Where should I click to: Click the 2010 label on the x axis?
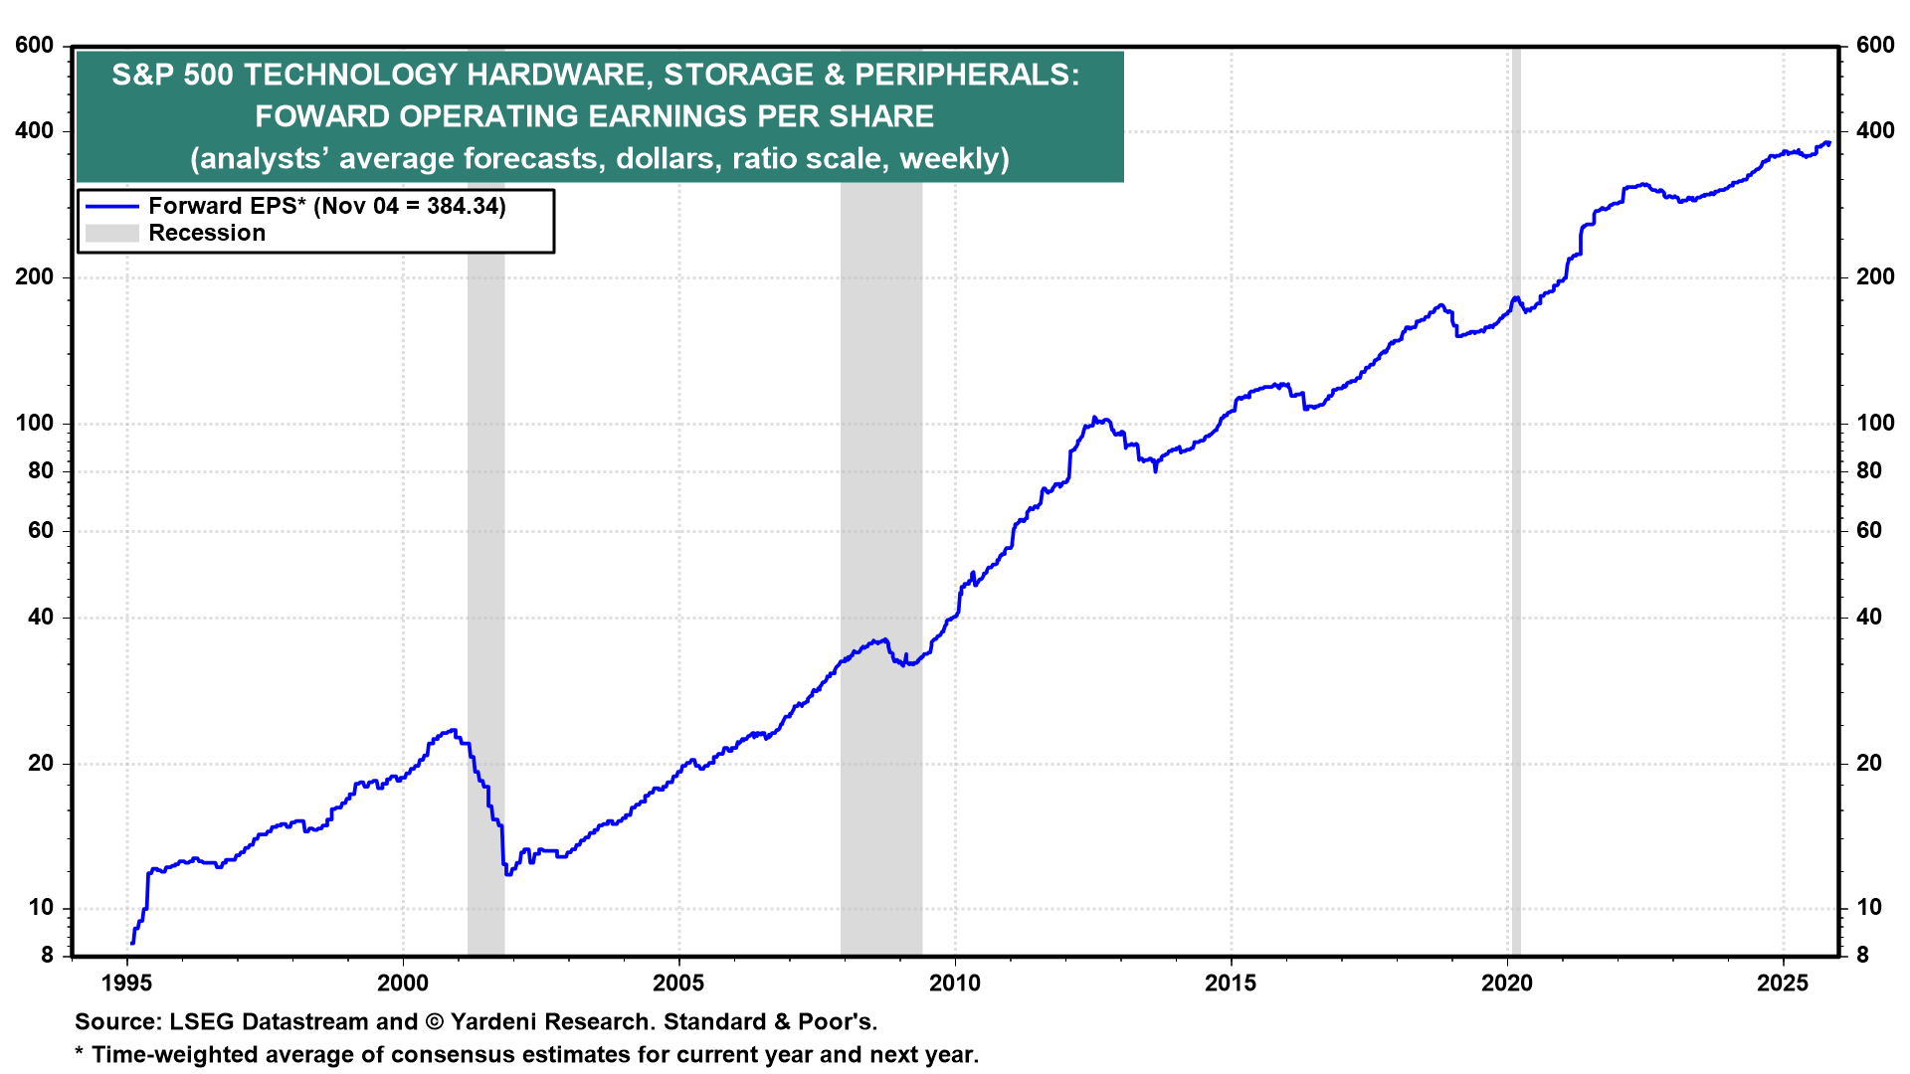[954, 984]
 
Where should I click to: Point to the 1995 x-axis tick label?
[126, 984]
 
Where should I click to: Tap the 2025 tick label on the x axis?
[1783, 984]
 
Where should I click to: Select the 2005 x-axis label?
[678, 984]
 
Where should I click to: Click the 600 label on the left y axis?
[35, 46]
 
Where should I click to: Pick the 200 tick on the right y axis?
[1875, 277]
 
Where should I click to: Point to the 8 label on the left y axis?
[47, 955]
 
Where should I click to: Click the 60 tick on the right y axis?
[1869, 530]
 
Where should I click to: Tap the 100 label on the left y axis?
[35, 423]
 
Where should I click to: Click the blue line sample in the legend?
[111, 206]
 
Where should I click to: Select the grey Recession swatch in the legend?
[111, 233]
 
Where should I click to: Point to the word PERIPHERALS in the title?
[961, 75]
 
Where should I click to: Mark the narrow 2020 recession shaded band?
[1515, 497]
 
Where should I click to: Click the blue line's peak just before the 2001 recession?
[453, 730]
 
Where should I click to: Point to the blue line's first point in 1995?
[131, 942]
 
